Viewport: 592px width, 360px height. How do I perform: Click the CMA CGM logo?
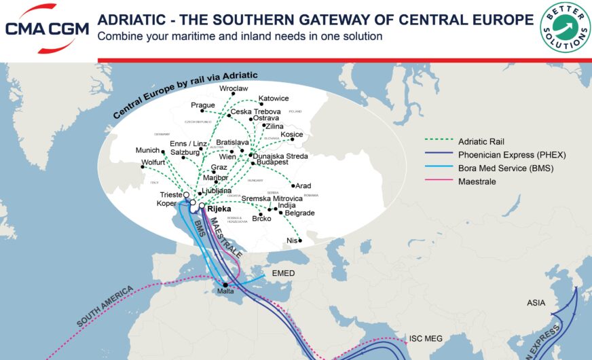46,28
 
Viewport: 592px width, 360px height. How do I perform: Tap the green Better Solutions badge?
565,26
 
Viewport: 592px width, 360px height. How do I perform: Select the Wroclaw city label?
234,89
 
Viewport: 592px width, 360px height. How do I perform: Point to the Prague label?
202,105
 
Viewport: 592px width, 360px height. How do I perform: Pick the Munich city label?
147,150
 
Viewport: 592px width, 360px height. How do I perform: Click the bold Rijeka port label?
219,209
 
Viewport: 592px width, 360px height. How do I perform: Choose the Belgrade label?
299,213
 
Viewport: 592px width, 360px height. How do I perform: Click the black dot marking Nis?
300,240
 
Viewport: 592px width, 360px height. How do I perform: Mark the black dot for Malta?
225,285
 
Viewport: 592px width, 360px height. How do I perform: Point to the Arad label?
303,185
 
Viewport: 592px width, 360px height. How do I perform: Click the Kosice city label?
291,134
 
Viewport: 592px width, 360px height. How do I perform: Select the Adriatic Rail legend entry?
481,141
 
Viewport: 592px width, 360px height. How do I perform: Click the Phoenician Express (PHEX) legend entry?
512,155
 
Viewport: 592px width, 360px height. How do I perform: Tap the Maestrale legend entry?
477,181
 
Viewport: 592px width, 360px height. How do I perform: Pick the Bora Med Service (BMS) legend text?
506,168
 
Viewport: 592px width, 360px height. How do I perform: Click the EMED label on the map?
282,273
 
